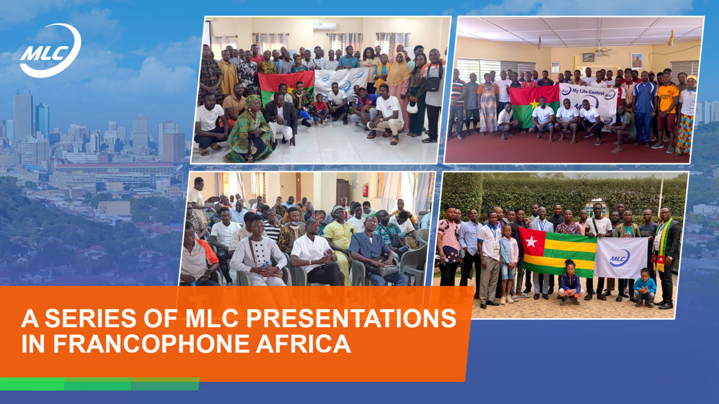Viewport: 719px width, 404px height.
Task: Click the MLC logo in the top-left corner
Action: click(x=51, y=50)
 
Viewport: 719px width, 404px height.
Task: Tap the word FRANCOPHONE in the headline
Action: click(x=151, y=344)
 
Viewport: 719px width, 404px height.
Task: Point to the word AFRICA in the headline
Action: click(x=303, y=344)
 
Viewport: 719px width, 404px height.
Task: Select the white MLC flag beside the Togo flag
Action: click(x=621, y=258)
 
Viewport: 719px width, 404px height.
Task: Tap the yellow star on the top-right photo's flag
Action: click(x=534, y=104)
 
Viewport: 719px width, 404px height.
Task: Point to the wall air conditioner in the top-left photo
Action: click(x=325, y=26)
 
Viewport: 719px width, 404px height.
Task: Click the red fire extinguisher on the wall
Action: click(x=365, y=190)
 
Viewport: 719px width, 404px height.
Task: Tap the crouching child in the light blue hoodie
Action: click(x=644, y=288)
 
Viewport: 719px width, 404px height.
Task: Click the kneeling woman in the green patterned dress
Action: click(x=251, y=130)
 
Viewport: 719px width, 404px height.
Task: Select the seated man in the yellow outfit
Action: click(x=340, y=243)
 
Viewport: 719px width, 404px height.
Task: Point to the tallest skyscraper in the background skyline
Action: click(x=23, y=116)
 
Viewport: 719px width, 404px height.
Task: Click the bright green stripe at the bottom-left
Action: click(x=33, y=384)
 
